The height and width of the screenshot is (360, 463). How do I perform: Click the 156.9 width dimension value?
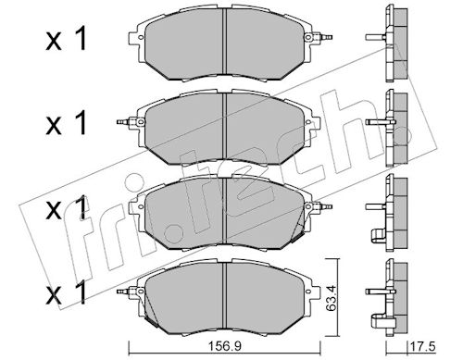coord(224,346)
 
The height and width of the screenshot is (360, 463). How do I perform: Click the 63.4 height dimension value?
coord(331,298)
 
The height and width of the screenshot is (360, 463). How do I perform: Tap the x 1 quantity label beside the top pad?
coord(66,40)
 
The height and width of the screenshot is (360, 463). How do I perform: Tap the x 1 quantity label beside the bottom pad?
coord(66,294)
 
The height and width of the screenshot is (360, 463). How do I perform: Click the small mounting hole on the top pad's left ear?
coord(141,37)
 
